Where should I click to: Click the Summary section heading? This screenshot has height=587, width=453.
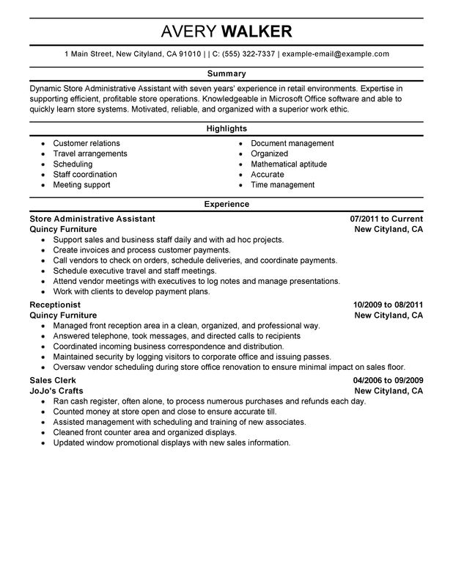(226, 74)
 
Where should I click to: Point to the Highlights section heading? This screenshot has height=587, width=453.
(226, 129)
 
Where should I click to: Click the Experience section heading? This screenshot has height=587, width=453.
(226, 205)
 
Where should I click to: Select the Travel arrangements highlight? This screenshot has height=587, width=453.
(90, 154)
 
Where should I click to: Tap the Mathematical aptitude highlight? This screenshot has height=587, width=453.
(289, 164)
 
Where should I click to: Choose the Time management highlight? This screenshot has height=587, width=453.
(282, 185)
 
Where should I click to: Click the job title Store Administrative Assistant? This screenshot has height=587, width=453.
(92, 219)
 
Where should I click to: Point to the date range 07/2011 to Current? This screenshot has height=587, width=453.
(386, 219)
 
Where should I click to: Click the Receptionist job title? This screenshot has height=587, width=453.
(55, 304)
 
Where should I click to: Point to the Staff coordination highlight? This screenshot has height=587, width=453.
(85, 175)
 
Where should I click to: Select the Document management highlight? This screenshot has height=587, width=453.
(292, 143)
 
